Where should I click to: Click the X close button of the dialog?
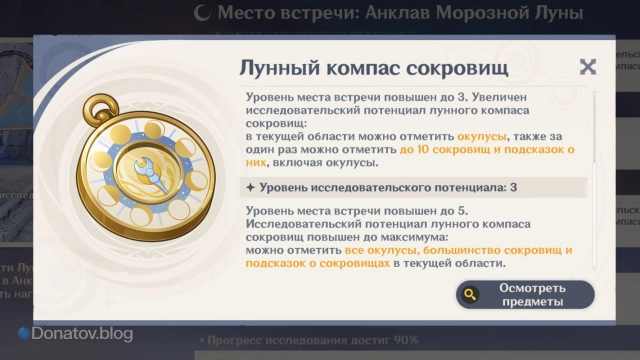[588, 66]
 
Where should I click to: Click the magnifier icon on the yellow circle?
[469, 294]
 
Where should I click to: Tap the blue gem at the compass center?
[152, 173]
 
